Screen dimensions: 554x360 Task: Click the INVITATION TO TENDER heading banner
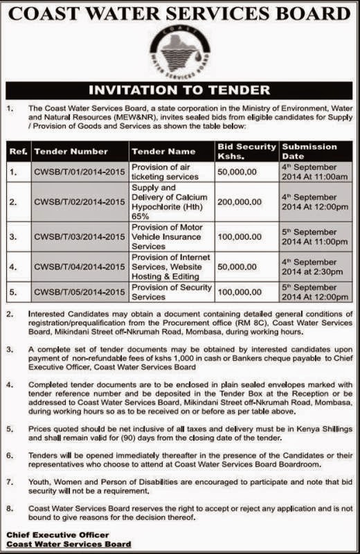[x=180, y=90]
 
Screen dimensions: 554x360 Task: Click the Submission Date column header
[x=309, y=151]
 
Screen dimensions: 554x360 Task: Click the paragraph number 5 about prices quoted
[x=10, y=429]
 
